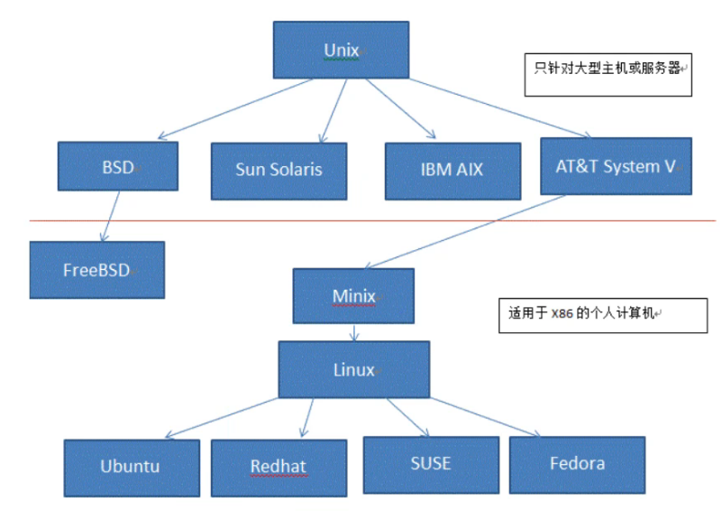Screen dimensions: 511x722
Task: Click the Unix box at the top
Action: click(x=342, y=49)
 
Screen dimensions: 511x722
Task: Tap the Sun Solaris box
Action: click(x=279, y=170)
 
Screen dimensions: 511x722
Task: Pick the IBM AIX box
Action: click(x=452, y=170)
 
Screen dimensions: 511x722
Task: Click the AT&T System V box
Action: click(x=616, y=166)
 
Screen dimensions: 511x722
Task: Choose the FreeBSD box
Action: click(x=96, y=269)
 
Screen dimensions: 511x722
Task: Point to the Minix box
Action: click(x=353, y=296)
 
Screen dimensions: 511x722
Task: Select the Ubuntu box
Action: click(x=131, y=466)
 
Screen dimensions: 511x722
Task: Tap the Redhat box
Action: click(x=279, y=466)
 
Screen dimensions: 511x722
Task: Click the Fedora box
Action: click(x=577, y=464)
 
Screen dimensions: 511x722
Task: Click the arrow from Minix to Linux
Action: click(x=354, y=331)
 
